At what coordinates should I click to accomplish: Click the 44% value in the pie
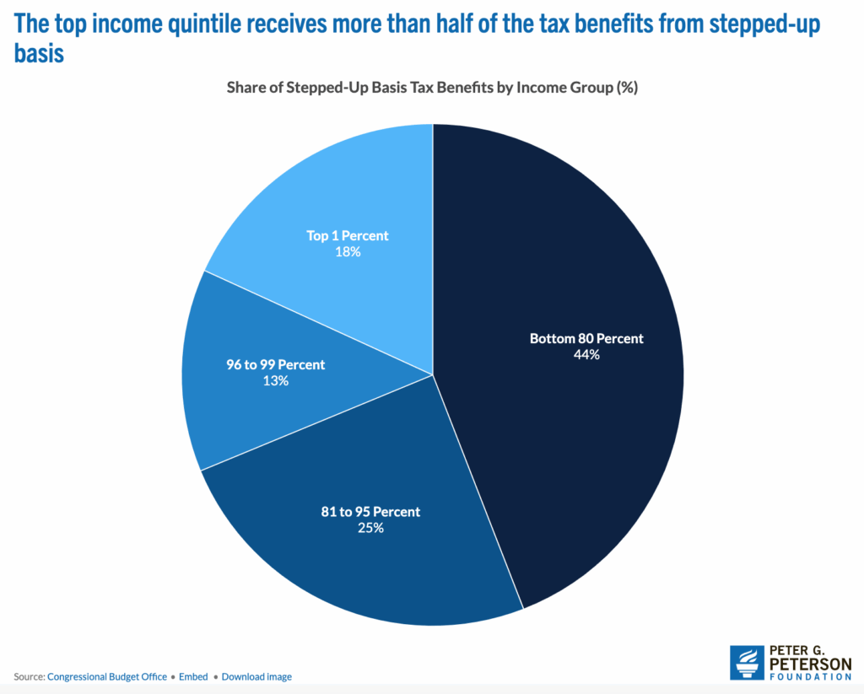click(586, 355)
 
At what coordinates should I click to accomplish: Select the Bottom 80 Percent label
click(586, 338)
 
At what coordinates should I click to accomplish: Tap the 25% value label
click(370, 528)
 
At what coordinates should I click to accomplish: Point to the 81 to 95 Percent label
click(370, 512)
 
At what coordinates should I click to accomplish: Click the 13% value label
click(275, 381)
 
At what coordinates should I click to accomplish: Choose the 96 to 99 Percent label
click(275, 365)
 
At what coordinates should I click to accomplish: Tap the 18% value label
click(347, 251)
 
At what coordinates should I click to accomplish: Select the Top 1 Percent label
click(347, 235)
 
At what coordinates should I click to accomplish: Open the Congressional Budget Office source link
click(107, 676)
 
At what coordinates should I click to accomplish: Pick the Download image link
click(256, 676)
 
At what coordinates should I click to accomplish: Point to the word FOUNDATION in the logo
click(811, 676)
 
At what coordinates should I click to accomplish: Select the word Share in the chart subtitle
click(246, 88)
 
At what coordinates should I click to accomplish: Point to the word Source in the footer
click(28, 676)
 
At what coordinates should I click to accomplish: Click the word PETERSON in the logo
click(811, 663)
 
